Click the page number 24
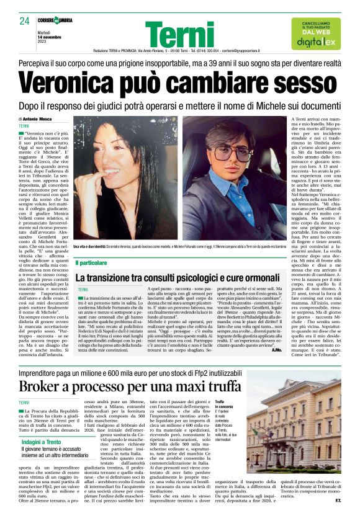[25, 22]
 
